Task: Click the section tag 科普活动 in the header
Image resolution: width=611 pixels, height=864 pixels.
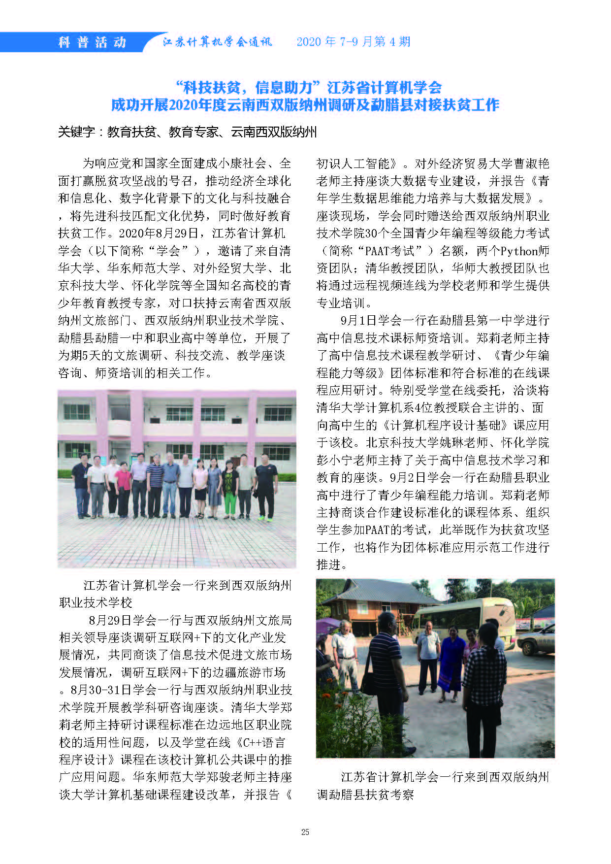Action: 92,42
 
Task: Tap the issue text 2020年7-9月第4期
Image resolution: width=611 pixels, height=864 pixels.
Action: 353,42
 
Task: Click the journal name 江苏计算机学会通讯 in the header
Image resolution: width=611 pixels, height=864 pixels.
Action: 217,42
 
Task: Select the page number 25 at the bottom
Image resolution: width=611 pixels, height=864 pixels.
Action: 305,832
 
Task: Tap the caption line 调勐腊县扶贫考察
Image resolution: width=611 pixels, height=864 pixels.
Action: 365,795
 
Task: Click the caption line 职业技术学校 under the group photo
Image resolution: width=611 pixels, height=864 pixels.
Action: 96,602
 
